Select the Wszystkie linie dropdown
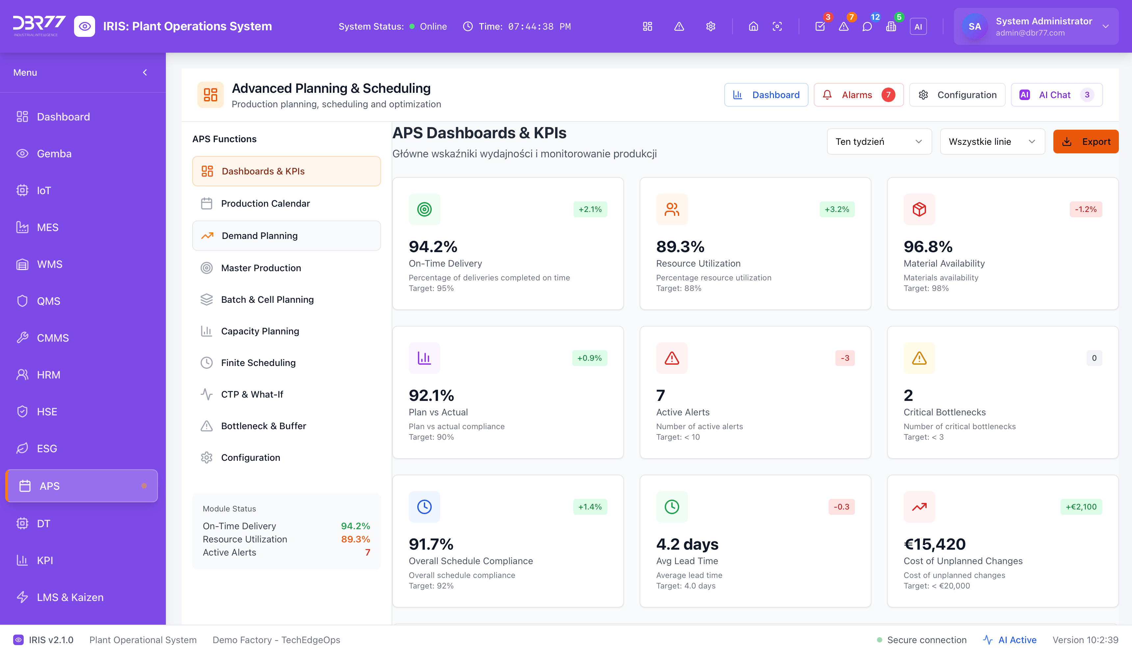pyautogui.click(x=992, y=142)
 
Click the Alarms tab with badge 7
pyautogui.click(x=858, y=95)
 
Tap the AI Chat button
pyautogui.click(x=1056, y=95)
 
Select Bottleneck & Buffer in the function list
pyautogui.click(x=263, y=426)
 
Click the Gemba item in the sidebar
pyautogui.click(x=54, y=154)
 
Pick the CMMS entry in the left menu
pyautogui.click(x=53, y=338)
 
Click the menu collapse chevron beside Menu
pyautogui.click(x=145, y=73)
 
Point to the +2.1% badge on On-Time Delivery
pyautogui.click(x=590, y=209)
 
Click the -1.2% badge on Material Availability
pyautogui.click(x=1085, y=209)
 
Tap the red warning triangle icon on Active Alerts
pyautogui.click(x=672, y=358)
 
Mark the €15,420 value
pyautogui.click(x=934, y=544)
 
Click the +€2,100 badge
pyautogui.click(x=1081, y=507)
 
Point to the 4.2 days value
pyautogui.click(x=687, y=544)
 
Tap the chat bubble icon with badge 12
pyautogui.click(x=867, y=26)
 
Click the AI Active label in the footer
pyautogui.click(x=1017, y=640)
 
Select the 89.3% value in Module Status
pyautogui.click(x=355, y=539)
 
